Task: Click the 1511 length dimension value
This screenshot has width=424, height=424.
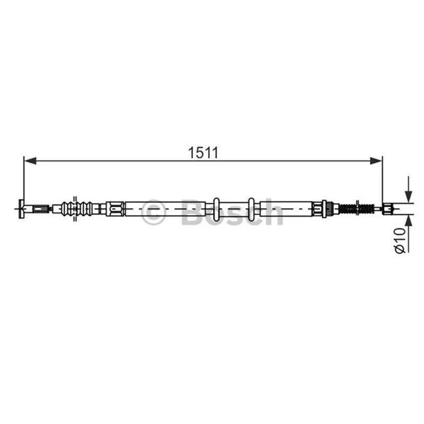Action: pyautogui.click(x=203, y=153)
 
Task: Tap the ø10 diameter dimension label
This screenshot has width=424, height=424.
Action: pyautogui.click(x=401, y=241)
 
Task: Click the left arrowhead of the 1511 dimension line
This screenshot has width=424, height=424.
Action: pyautogui.click(x=30, y=161)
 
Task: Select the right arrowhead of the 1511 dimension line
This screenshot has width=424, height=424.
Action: pyautogui.click(x=376, y=161)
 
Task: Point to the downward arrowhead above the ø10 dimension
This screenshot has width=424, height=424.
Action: pyautogui.click(x=408, y=196)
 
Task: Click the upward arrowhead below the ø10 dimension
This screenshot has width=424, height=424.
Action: pyautogui.click(x=408, y=222)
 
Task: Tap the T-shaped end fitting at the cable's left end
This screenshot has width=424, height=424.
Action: pyautogui.click(x=21, y=209)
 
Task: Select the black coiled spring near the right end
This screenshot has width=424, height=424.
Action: pyautogui.click(x=357, y=209)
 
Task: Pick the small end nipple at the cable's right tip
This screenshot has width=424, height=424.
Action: pyautogui.click(x=387, y=209)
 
